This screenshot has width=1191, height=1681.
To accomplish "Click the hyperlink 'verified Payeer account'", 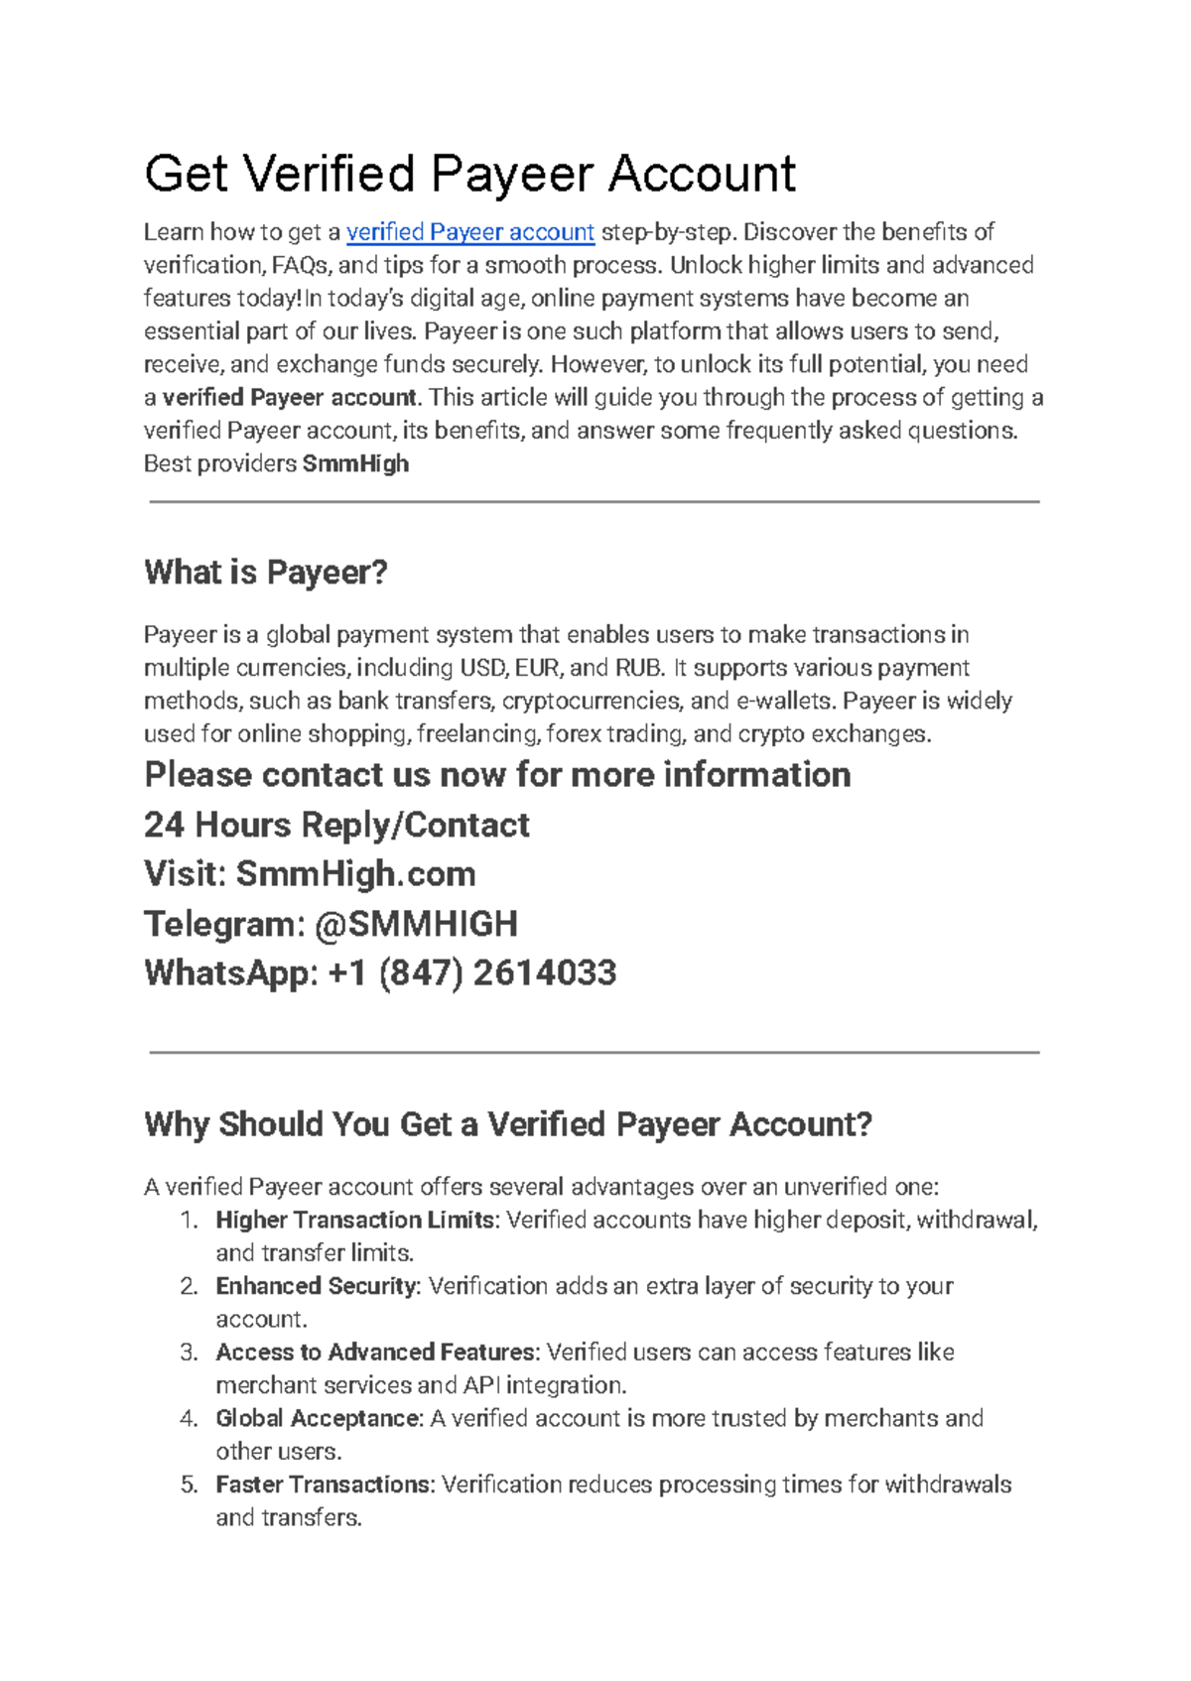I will (x=469, y=232).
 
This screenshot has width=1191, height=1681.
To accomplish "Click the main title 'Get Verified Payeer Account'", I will (x=469, y=174).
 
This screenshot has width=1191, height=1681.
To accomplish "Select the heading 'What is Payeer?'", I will (x=265, y=573).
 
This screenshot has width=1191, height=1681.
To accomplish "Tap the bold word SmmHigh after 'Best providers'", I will (x=355, y=464).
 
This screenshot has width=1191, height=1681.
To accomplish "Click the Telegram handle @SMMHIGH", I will (x=416, y=924).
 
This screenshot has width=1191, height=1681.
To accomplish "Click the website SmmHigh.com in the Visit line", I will (x=355, y=874).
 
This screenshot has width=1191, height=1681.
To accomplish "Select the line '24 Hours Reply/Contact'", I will (x=336, y=825).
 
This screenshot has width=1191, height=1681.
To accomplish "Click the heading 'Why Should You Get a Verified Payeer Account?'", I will (x=507, y=1124).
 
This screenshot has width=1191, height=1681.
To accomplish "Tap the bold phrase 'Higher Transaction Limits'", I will (x=354, y=1221).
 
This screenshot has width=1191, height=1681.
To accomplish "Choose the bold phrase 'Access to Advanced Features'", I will (x=376, y=1353).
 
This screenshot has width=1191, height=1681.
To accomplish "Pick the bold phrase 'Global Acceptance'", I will (x=319, y=1419).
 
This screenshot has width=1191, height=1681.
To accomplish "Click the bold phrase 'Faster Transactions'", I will (x=325, y=1485).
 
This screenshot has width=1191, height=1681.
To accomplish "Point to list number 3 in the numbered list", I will (x=189, y=1353).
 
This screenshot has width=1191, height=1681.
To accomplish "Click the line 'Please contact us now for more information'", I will (x=497, y=775).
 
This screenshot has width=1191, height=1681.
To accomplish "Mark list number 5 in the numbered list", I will (x=189, y=1485).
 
